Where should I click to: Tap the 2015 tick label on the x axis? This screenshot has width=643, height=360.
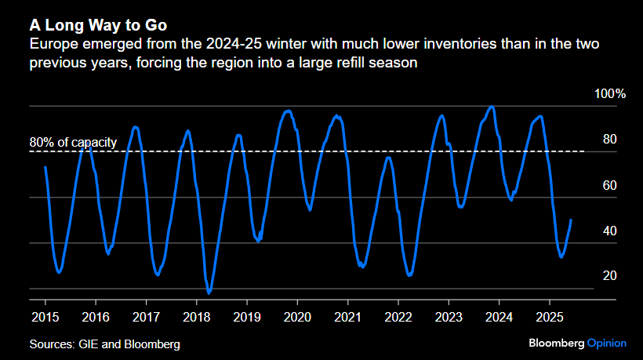pos(45,317)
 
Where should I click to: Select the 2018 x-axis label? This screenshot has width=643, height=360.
pos(197,317)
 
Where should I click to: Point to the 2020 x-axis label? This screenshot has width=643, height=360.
pos(297,317)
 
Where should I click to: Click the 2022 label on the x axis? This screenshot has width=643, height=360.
pos(398,317)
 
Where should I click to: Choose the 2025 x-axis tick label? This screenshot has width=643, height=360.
pos(550,317)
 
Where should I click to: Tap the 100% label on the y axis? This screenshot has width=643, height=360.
pos(611,94)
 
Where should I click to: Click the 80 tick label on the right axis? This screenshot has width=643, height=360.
pos(609,140)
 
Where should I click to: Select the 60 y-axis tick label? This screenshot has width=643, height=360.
pos(609,185)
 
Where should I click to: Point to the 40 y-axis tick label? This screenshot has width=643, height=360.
pos(609,231)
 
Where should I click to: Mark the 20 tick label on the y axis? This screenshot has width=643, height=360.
pos(609,276)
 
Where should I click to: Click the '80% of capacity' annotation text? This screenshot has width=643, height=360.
pos(73,143)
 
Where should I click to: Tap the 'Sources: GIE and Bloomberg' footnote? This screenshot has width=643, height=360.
pos(105,344)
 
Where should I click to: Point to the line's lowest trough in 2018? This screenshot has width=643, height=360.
pos(209,293)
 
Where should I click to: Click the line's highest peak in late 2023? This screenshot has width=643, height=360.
pos(492,107)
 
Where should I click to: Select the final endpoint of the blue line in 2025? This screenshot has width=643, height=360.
pos(570,220)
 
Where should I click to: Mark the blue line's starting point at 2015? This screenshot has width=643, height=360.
pos(45,167)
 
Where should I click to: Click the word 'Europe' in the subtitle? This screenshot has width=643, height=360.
pos(51,44)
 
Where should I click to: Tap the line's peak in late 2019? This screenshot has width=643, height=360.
pos(289,111)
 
